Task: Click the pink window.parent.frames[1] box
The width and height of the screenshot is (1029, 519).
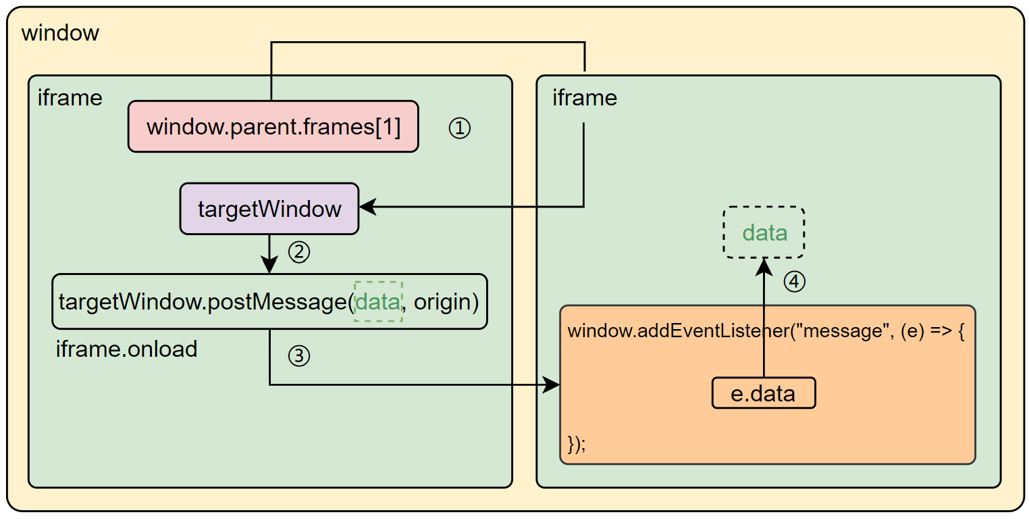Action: (x=273, y=126)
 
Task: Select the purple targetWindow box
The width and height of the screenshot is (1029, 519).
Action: (x=269, y=208)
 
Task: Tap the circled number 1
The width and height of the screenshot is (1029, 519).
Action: (x=459, y=128)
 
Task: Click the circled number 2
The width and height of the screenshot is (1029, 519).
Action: (x=299, y=252)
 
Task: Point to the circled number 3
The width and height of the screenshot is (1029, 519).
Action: (x=298, y=356)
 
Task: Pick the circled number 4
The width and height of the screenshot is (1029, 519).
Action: (x=795, y=282)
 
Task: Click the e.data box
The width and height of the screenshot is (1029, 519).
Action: (x=763, y=393)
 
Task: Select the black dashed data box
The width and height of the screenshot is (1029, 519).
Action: (x=764, y=232)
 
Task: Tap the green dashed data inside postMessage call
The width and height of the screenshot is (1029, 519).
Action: (x=378, y=301)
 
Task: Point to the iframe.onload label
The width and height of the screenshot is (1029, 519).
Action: (x=126, y=349)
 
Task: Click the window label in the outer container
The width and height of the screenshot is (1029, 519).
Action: (x=60, y=32)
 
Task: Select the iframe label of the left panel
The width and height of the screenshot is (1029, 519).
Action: (x=70, y=98)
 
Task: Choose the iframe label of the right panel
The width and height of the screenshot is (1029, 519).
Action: (x=584, y=98)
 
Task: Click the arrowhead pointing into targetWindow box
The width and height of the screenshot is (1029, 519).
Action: (x=367, y=207)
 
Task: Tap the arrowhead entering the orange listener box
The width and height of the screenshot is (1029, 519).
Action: (x=553, y=385)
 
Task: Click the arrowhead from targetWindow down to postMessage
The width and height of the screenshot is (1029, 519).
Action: (x=269, y=266)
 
